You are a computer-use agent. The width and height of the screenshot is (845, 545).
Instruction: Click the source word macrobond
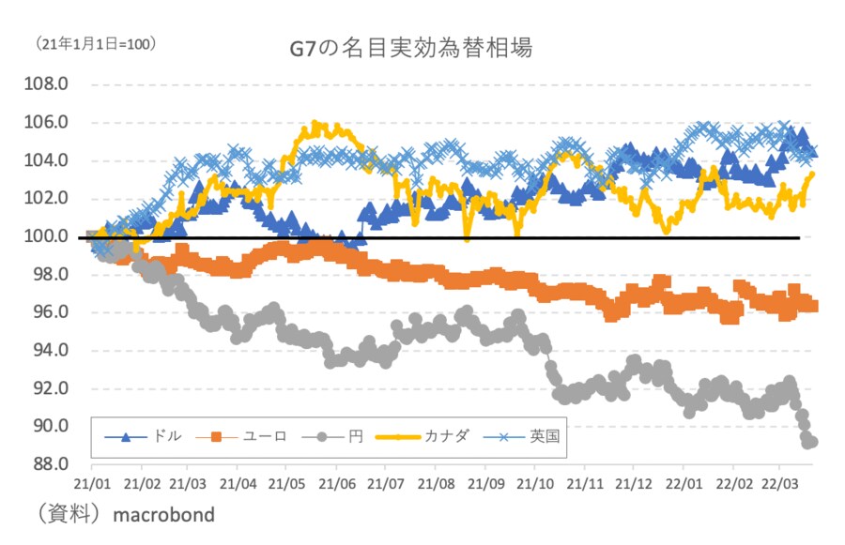[x=163, y=515]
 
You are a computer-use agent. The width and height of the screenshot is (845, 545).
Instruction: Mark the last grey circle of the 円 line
[x=811, y=442]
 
